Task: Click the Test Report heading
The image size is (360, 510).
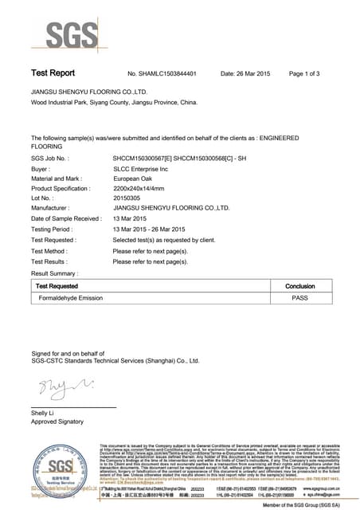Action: click(x=53, y=73)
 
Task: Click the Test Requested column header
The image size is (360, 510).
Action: click(x=57, y=285)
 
